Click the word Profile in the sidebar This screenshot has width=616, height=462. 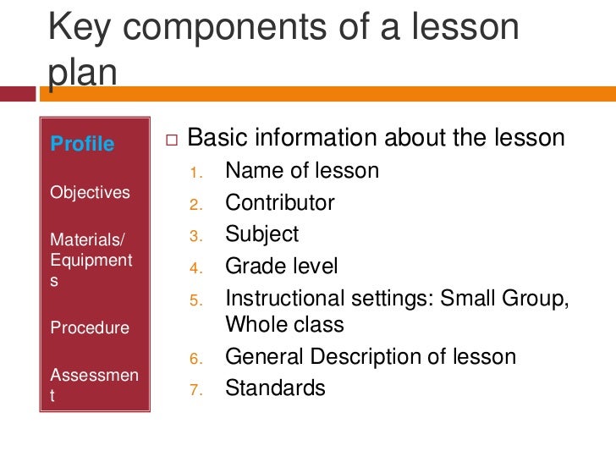pos(82,144)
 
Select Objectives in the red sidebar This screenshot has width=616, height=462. pos(90,192)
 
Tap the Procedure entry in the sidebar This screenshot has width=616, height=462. pos(90,327)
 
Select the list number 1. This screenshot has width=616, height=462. pos(194,173)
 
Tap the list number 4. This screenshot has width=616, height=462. pos(194,270)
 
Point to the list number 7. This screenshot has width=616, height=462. pos(194,391)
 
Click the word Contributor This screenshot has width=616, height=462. pos(279,203)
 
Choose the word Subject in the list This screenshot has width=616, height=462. pos(261,234)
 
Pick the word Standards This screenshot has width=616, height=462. pos(275,388)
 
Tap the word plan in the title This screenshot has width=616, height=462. pos(82,73)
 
